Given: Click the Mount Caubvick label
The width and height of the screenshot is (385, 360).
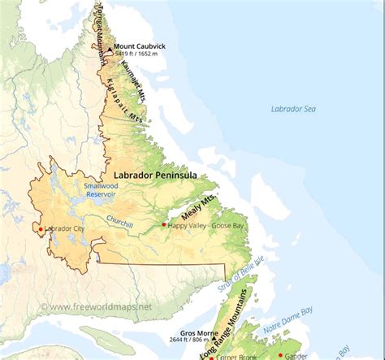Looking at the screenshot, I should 140,47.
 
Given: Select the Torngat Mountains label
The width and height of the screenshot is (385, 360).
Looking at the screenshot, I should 101,33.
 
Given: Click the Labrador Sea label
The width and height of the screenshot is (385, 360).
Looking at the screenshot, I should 293,108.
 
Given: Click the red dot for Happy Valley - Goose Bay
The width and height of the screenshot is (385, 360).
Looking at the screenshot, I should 163,224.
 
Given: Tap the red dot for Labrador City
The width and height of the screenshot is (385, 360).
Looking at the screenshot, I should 41,229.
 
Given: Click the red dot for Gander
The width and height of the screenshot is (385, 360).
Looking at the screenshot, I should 280,354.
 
